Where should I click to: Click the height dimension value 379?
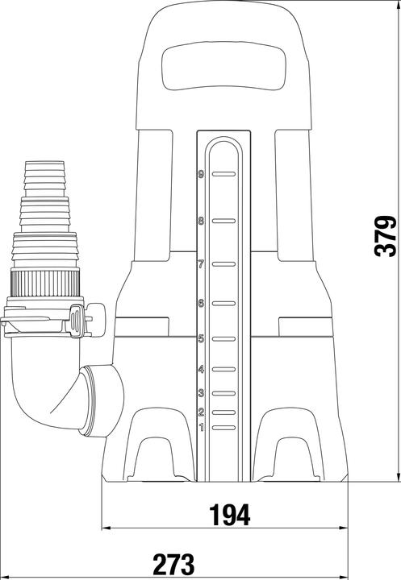click(x=386, y=235)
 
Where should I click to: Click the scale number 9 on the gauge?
click(x=200, y=173)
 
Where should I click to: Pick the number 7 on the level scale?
click(x=200, y=263)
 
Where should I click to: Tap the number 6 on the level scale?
click(x=200, y=303)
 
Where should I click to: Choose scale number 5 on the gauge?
click(x=200, y=339)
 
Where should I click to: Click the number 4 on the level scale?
click(x=200, y=370)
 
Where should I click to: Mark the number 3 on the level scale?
click(x=200, y=393)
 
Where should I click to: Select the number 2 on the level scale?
click(x=200, y=412)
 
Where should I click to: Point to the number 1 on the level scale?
click(x=200, y=427)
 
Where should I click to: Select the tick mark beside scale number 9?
click(x=223, y=173)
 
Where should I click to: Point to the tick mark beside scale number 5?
click(x=223, y=339)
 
